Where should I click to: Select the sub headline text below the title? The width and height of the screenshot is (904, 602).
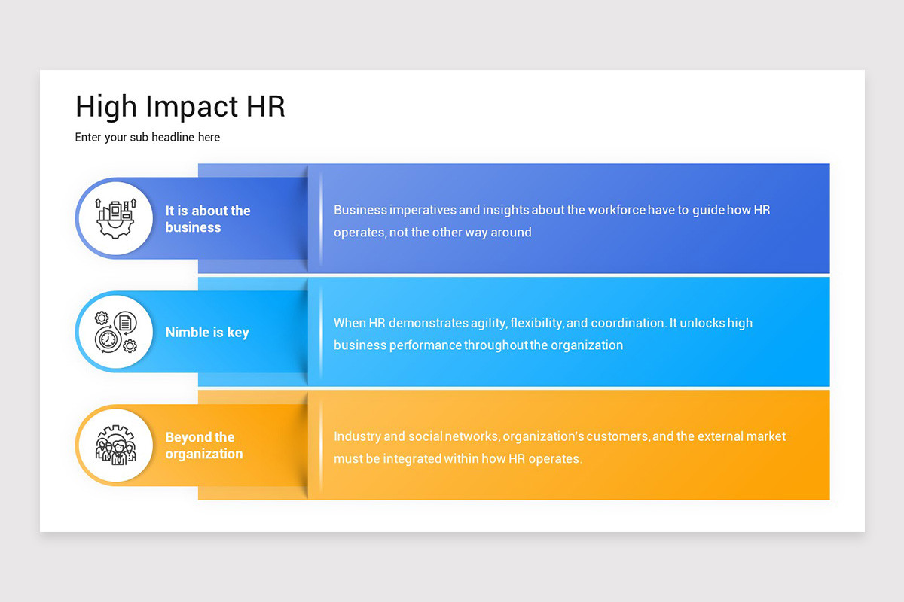pyautogui.click(x=148, y=138)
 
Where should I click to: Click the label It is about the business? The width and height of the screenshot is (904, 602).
pyautogui.click(x=207, y=219)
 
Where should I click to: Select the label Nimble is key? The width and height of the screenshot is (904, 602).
pyautogui.click(x=207, y=333)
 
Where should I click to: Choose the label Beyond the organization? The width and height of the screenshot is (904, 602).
pyautogui.click(x=204, y=445)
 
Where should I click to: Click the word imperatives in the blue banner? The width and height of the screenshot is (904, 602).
pyautogui.click(x=423, y=211)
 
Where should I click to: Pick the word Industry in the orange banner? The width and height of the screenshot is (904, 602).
pyautogui.click(x=358, y=436)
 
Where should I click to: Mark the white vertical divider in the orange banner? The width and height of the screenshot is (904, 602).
pyautogui.click(x=321, y=445)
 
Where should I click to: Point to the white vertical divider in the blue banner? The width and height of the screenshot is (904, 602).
pyautogui.click(x=321, y=219)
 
